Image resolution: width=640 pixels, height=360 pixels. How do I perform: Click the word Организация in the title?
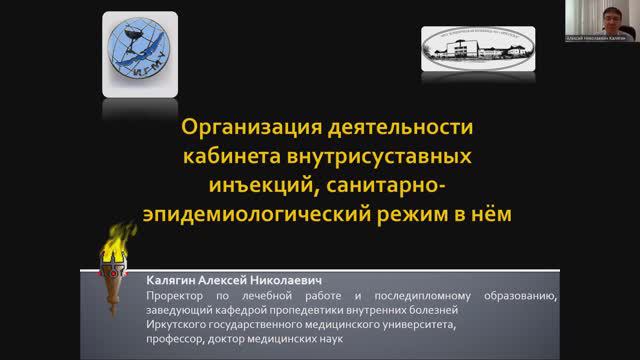tap(239, 129)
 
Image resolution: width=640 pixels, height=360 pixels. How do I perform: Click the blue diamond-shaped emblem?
tap(145, 50)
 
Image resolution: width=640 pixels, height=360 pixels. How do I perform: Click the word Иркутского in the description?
tap(177, 324)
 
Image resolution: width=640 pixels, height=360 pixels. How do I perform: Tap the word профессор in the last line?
tap(176, 338)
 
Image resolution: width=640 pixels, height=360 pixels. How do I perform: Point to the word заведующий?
tap(181, 310)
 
